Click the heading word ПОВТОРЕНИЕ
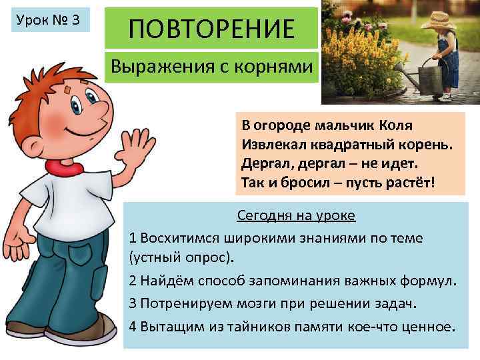(211, 29)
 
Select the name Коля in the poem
(396, 125)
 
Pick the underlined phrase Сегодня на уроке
(296, 216)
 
